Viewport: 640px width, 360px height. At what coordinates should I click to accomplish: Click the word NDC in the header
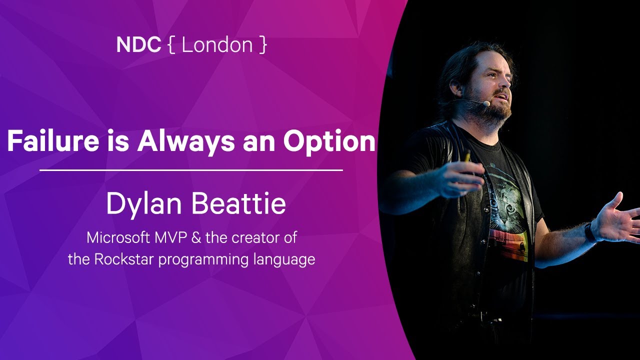[138, 45]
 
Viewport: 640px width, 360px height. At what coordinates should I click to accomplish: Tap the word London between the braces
[217, 45]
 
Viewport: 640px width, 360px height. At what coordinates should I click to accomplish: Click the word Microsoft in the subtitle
[115, 237]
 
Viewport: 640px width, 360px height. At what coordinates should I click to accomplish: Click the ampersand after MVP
[196, 237]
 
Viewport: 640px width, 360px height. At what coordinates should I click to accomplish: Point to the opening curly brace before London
[171, 45]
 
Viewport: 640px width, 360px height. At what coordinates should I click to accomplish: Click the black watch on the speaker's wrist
[590, 232]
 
